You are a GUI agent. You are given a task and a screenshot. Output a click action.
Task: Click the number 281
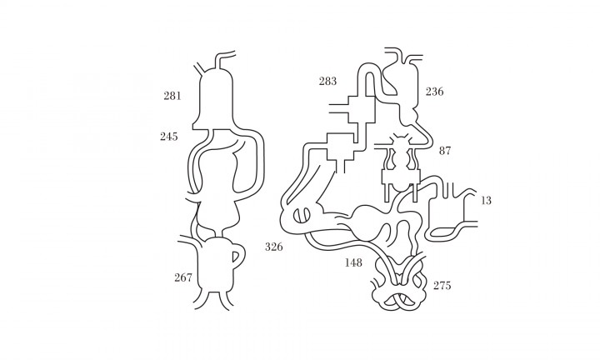point(172,96)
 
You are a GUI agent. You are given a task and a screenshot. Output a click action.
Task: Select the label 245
point(168,136)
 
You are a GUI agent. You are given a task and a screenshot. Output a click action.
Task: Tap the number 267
point(182,277)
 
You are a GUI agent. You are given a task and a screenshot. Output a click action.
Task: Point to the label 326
point(274,247)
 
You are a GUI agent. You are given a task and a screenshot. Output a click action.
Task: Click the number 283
point(328,81)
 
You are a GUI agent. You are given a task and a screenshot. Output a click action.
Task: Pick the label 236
point(435,92)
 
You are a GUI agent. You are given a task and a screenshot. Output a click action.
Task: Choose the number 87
point(445,151)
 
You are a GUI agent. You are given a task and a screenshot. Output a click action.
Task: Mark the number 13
point(486,201)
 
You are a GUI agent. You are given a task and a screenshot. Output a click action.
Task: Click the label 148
point(353,262)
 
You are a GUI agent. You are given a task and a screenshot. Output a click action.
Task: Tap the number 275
point(442,285)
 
